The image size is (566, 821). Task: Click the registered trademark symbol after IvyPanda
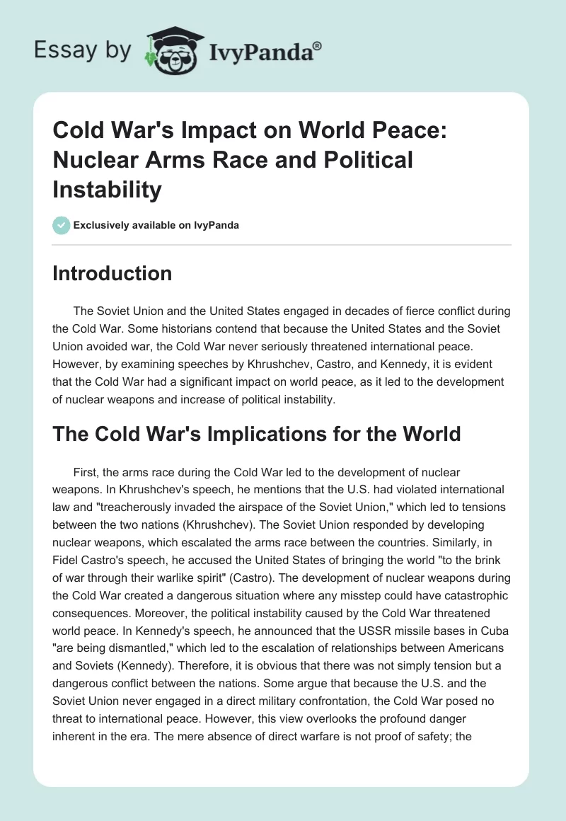pos(318,46)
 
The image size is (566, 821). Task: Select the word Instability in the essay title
pos(107,190)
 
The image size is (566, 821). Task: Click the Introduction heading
pos(112,274)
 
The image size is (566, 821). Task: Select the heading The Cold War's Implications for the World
pos(256,433)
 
